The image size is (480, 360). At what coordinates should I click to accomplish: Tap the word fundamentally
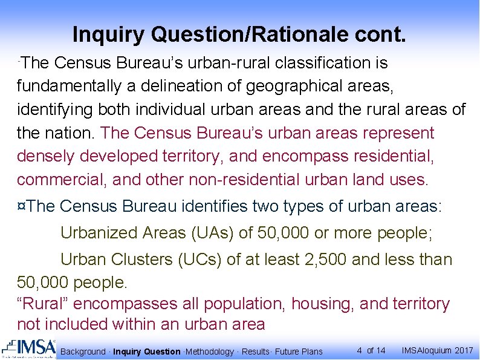tap(69, 87)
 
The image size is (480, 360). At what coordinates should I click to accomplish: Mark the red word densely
tap(47, 156)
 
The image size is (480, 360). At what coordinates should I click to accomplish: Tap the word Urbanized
tap(99, 232)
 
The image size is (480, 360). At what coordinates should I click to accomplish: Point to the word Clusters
tap(143, 260)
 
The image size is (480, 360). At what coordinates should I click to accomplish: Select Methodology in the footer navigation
tap(209, 352)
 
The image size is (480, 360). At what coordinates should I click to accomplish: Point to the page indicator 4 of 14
tap(371, 350)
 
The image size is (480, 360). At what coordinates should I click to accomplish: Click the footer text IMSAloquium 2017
tap(437, 350)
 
